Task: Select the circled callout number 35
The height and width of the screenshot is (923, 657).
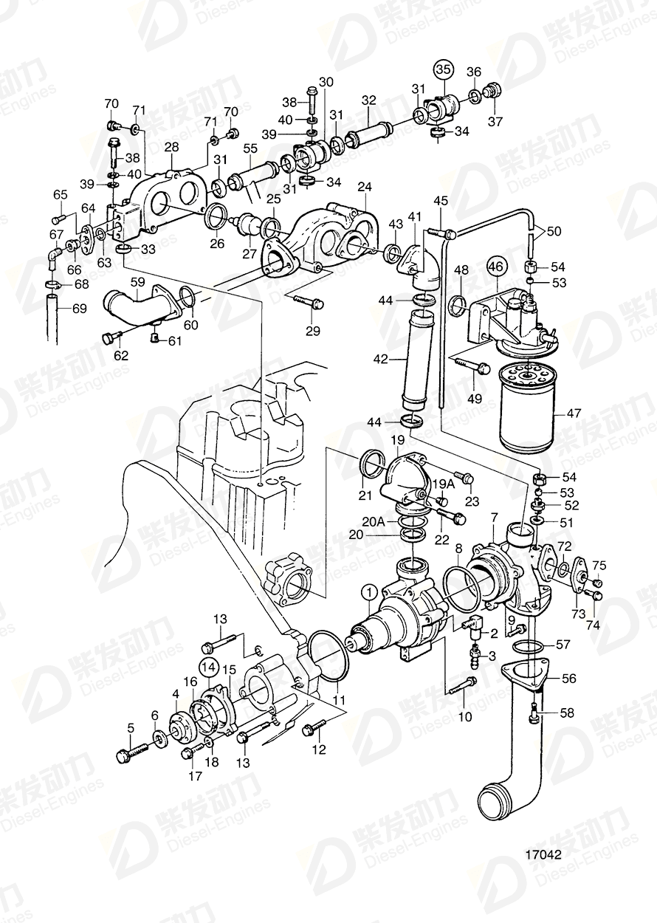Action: [x=442, y=70]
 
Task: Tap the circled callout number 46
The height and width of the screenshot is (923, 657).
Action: [x=496, y=267]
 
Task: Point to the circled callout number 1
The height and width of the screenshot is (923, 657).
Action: [x=369, y=591]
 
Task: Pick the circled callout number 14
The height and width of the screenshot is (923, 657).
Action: [x=210, y=667]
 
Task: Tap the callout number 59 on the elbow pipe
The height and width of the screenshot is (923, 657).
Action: [x=137, y=281]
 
